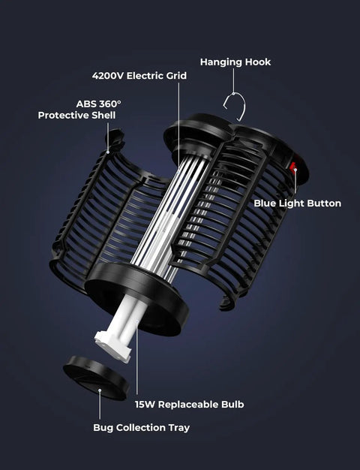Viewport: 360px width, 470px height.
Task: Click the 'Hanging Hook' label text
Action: point(235,62)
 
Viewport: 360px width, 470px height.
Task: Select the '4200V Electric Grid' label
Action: point(139,76)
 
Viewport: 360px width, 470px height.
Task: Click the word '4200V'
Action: point(108,76)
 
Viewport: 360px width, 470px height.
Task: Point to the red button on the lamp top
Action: point(292,167)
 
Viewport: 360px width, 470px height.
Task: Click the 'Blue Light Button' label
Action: point(298,203)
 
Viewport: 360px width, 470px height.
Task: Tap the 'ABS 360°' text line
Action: point(99,104)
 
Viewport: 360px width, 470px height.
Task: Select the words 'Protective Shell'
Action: point(76,115)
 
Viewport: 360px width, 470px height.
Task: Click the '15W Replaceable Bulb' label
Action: point(189,405)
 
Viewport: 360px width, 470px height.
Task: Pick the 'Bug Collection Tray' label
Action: point(141,427)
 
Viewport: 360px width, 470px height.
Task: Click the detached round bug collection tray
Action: point(97,378)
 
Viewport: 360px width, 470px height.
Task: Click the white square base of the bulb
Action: point(113,346)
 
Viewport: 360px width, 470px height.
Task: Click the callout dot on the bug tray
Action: point(100,390)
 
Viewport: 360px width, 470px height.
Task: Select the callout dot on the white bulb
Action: point(136,321)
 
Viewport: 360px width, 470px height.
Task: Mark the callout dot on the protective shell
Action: point(108,152)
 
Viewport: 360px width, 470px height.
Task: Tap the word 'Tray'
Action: point(179,427)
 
